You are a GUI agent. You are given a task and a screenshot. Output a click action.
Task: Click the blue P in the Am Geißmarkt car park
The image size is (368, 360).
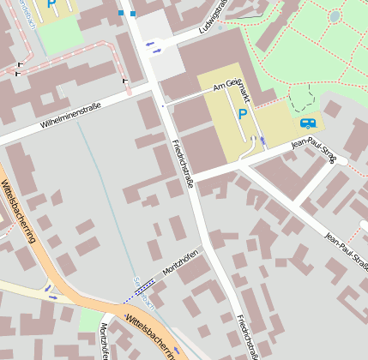(242, 114)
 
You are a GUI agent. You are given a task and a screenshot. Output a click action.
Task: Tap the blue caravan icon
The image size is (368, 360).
(306, 123)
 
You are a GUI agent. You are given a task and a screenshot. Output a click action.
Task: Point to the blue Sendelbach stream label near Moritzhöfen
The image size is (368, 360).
(143, 292)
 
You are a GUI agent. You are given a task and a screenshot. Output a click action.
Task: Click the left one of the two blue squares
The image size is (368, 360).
(121, 13)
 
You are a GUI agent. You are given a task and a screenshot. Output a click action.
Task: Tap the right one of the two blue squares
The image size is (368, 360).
(132, 14)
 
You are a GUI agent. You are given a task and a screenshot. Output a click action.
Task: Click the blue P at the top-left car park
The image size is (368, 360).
(51, 4)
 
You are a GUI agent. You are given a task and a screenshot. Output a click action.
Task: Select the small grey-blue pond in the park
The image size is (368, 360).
(335, 16)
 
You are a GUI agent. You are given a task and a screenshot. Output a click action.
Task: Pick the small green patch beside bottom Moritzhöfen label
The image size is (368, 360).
(89, 321)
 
